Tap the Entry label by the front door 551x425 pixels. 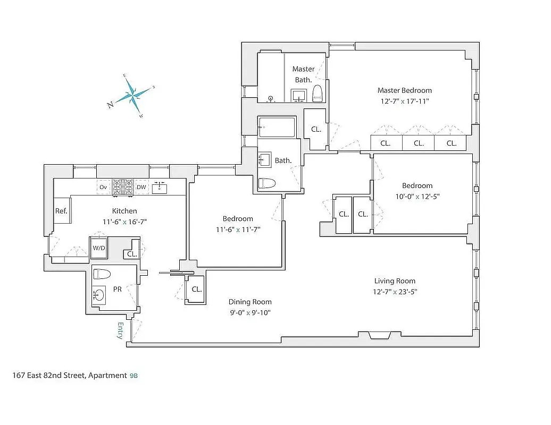point(120,330)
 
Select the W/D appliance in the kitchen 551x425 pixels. point(99,248)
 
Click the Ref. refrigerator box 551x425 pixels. point(61,211)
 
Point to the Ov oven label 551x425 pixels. point(104,187)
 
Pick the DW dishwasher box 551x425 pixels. point(141,187)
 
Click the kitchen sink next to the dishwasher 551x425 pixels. point(159,188)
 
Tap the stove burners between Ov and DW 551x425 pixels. point(122,187)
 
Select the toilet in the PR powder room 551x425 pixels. point(102,274)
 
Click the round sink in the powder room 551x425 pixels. point(99,295)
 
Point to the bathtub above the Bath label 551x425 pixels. point(277,127)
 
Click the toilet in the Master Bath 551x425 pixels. point(318,93)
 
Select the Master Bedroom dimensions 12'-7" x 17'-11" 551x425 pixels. point(404,101)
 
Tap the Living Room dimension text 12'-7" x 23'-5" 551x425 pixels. point(394,291)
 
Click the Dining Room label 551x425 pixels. point(250,302)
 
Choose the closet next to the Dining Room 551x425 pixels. point(196,290)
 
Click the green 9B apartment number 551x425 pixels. point(133,376)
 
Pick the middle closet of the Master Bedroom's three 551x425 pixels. point(419,143)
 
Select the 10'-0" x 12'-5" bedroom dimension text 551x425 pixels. point(417,196)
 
